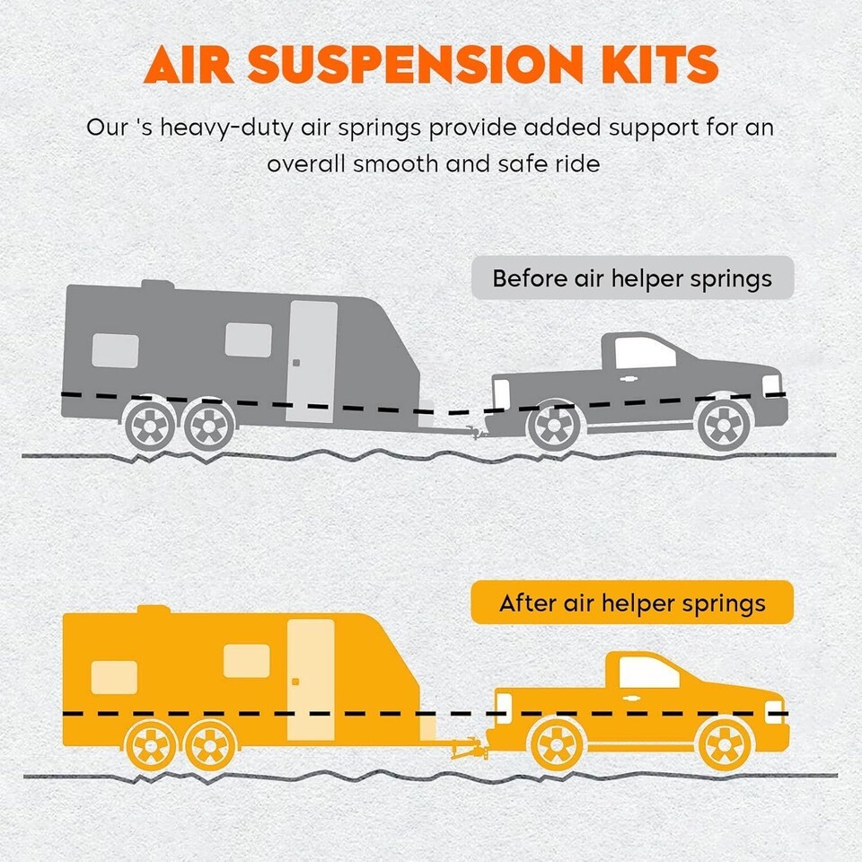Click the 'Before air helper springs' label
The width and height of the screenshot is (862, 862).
coord(632,278)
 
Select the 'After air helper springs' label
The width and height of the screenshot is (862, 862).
coord(632,603)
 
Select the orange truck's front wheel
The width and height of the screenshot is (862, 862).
coord(725,743)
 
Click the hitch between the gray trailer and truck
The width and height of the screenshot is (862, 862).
coord(473,432)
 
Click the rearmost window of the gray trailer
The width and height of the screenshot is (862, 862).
coord(115,350)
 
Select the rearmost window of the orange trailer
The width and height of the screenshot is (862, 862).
coord(114,676)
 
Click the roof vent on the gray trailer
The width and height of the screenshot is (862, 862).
coord(156,285)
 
